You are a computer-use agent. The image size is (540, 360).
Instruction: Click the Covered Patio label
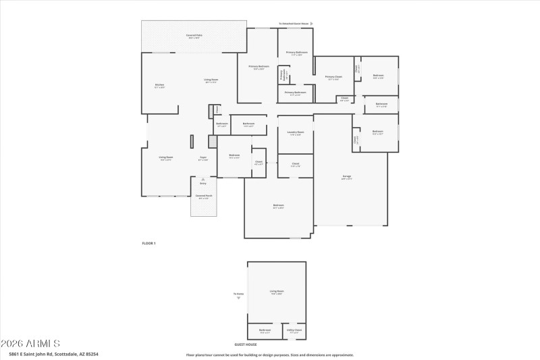pos(194,36)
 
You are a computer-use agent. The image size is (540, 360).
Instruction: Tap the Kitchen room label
pos(159,86)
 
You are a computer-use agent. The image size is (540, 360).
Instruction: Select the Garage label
pos(346,178)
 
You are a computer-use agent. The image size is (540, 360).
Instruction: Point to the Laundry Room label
pos(296,133)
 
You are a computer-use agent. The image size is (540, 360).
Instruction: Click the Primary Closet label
pos(333,78)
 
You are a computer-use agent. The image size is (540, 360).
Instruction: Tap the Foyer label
pos(202,159)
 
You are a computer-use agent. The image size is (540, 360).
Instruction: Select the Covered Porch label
pos(202,197)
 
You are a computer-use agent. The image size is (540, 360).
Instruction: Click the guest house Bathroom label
pos(265,332)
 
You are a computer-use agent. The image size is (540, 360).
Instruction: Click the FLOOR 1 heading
pos(148,242)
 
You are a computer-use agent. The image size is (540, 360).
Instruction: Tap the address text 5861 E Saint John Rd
pos(53,354)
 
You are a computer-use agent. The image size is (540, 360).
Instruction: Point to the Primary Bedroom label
pos(259,66)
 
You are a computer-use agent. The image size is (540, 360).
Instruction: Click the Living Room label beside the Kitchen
pos(211,80)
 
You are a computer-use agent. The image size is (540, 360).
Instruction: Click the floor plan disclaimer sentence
pos(269,354)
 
